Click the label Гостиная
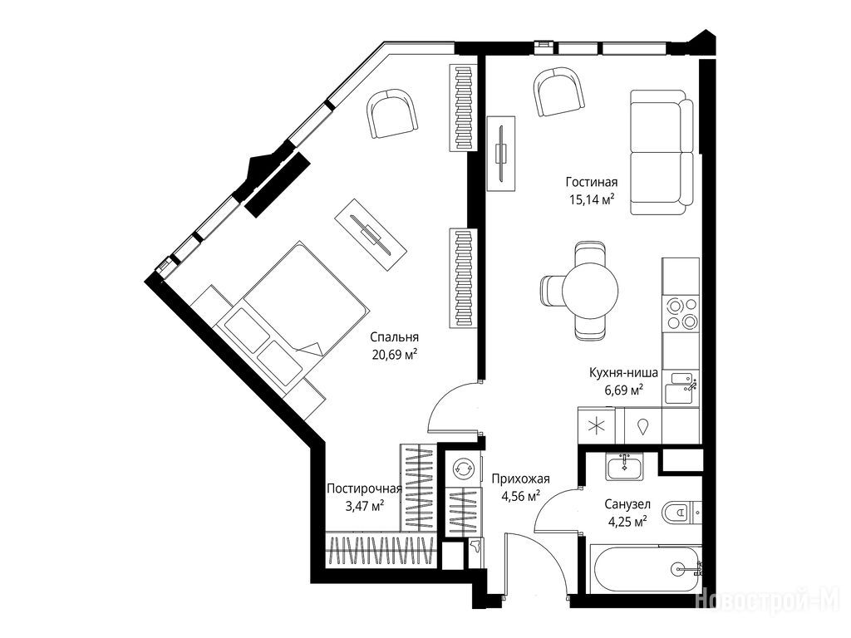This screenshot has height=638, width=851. click(592, 182)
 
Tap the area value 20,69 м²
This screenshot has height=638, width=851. click(395, 355)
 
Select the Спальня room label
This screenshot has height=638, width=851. click(395, 337)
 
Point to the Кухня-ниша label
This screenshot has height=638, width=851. click(623, 373)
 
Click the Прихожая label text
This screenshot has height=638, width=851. click(520, 478)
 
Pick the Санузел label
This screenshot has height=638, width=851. click(627, 504)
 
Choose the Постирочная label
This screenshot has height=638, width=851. click(364, 488)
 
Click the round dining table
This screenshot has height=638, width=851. click(590, 290)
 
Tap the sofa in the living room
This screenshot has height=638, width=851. click(662, 153)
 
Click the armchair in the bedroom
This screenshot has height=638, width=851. click(392, 115)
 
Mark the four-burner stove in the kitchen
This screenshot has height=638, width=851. click(682, 314)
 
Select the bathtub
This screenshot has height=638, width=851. click(646, 570)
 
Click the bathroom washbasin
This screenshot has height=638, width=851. click(625, 467)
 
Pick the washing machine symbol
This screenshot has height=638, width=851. click(462, 469)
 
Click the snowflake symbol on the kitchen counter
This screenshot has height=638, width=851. click(597, 426)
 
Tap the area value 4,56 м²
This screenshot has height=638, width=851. click(520, 496)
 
